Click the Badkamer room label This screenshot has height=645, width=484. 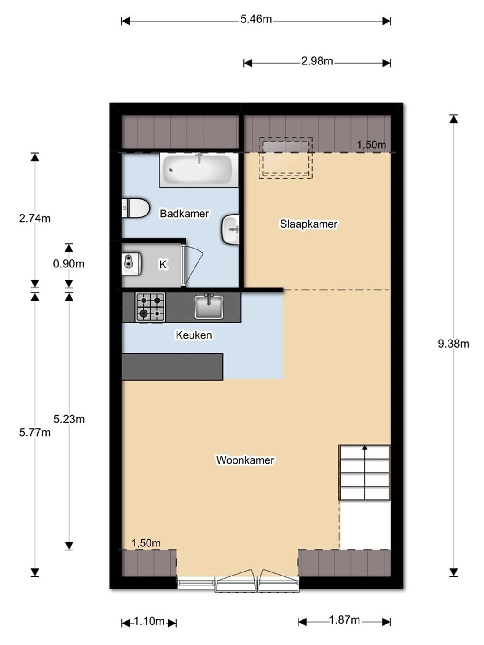click(x=184, y=213)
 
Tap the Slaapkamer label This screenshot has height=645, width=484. click(x=309, y=224)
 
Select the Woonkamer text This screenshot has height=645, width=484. click(x=245, y=460)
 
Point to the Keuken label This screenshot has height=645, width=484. click(x=194, y=335)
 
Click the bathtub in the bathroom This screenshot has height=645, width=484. click(x=199, y=170)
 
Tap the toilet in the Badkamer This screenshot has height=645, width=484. click(x=135, y=208)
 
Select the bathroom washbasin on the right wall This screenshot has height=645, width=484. click(x=230, y=229)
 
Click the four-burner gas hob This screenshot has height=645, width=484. click(x=150, y=307)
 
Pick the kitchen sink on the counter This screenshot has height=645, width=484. click(x=209, y=307)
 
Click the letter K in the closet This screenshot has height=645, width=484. click(x=163, y=264)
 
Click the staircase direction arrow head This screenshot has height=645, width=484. click(x=365, y=447)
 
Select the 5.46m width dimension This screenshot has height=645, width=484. click(x=256, y=19)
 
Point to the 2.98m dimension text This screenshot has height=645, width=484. click(x=317, y=61)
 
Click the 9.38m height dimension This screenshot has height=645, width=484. click(x=454, y=344)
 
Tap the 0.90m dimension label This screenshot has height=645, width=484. click(x=69, y=264)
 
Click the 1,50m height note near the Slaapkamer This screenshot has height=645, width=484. click(x=372, y=145)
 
